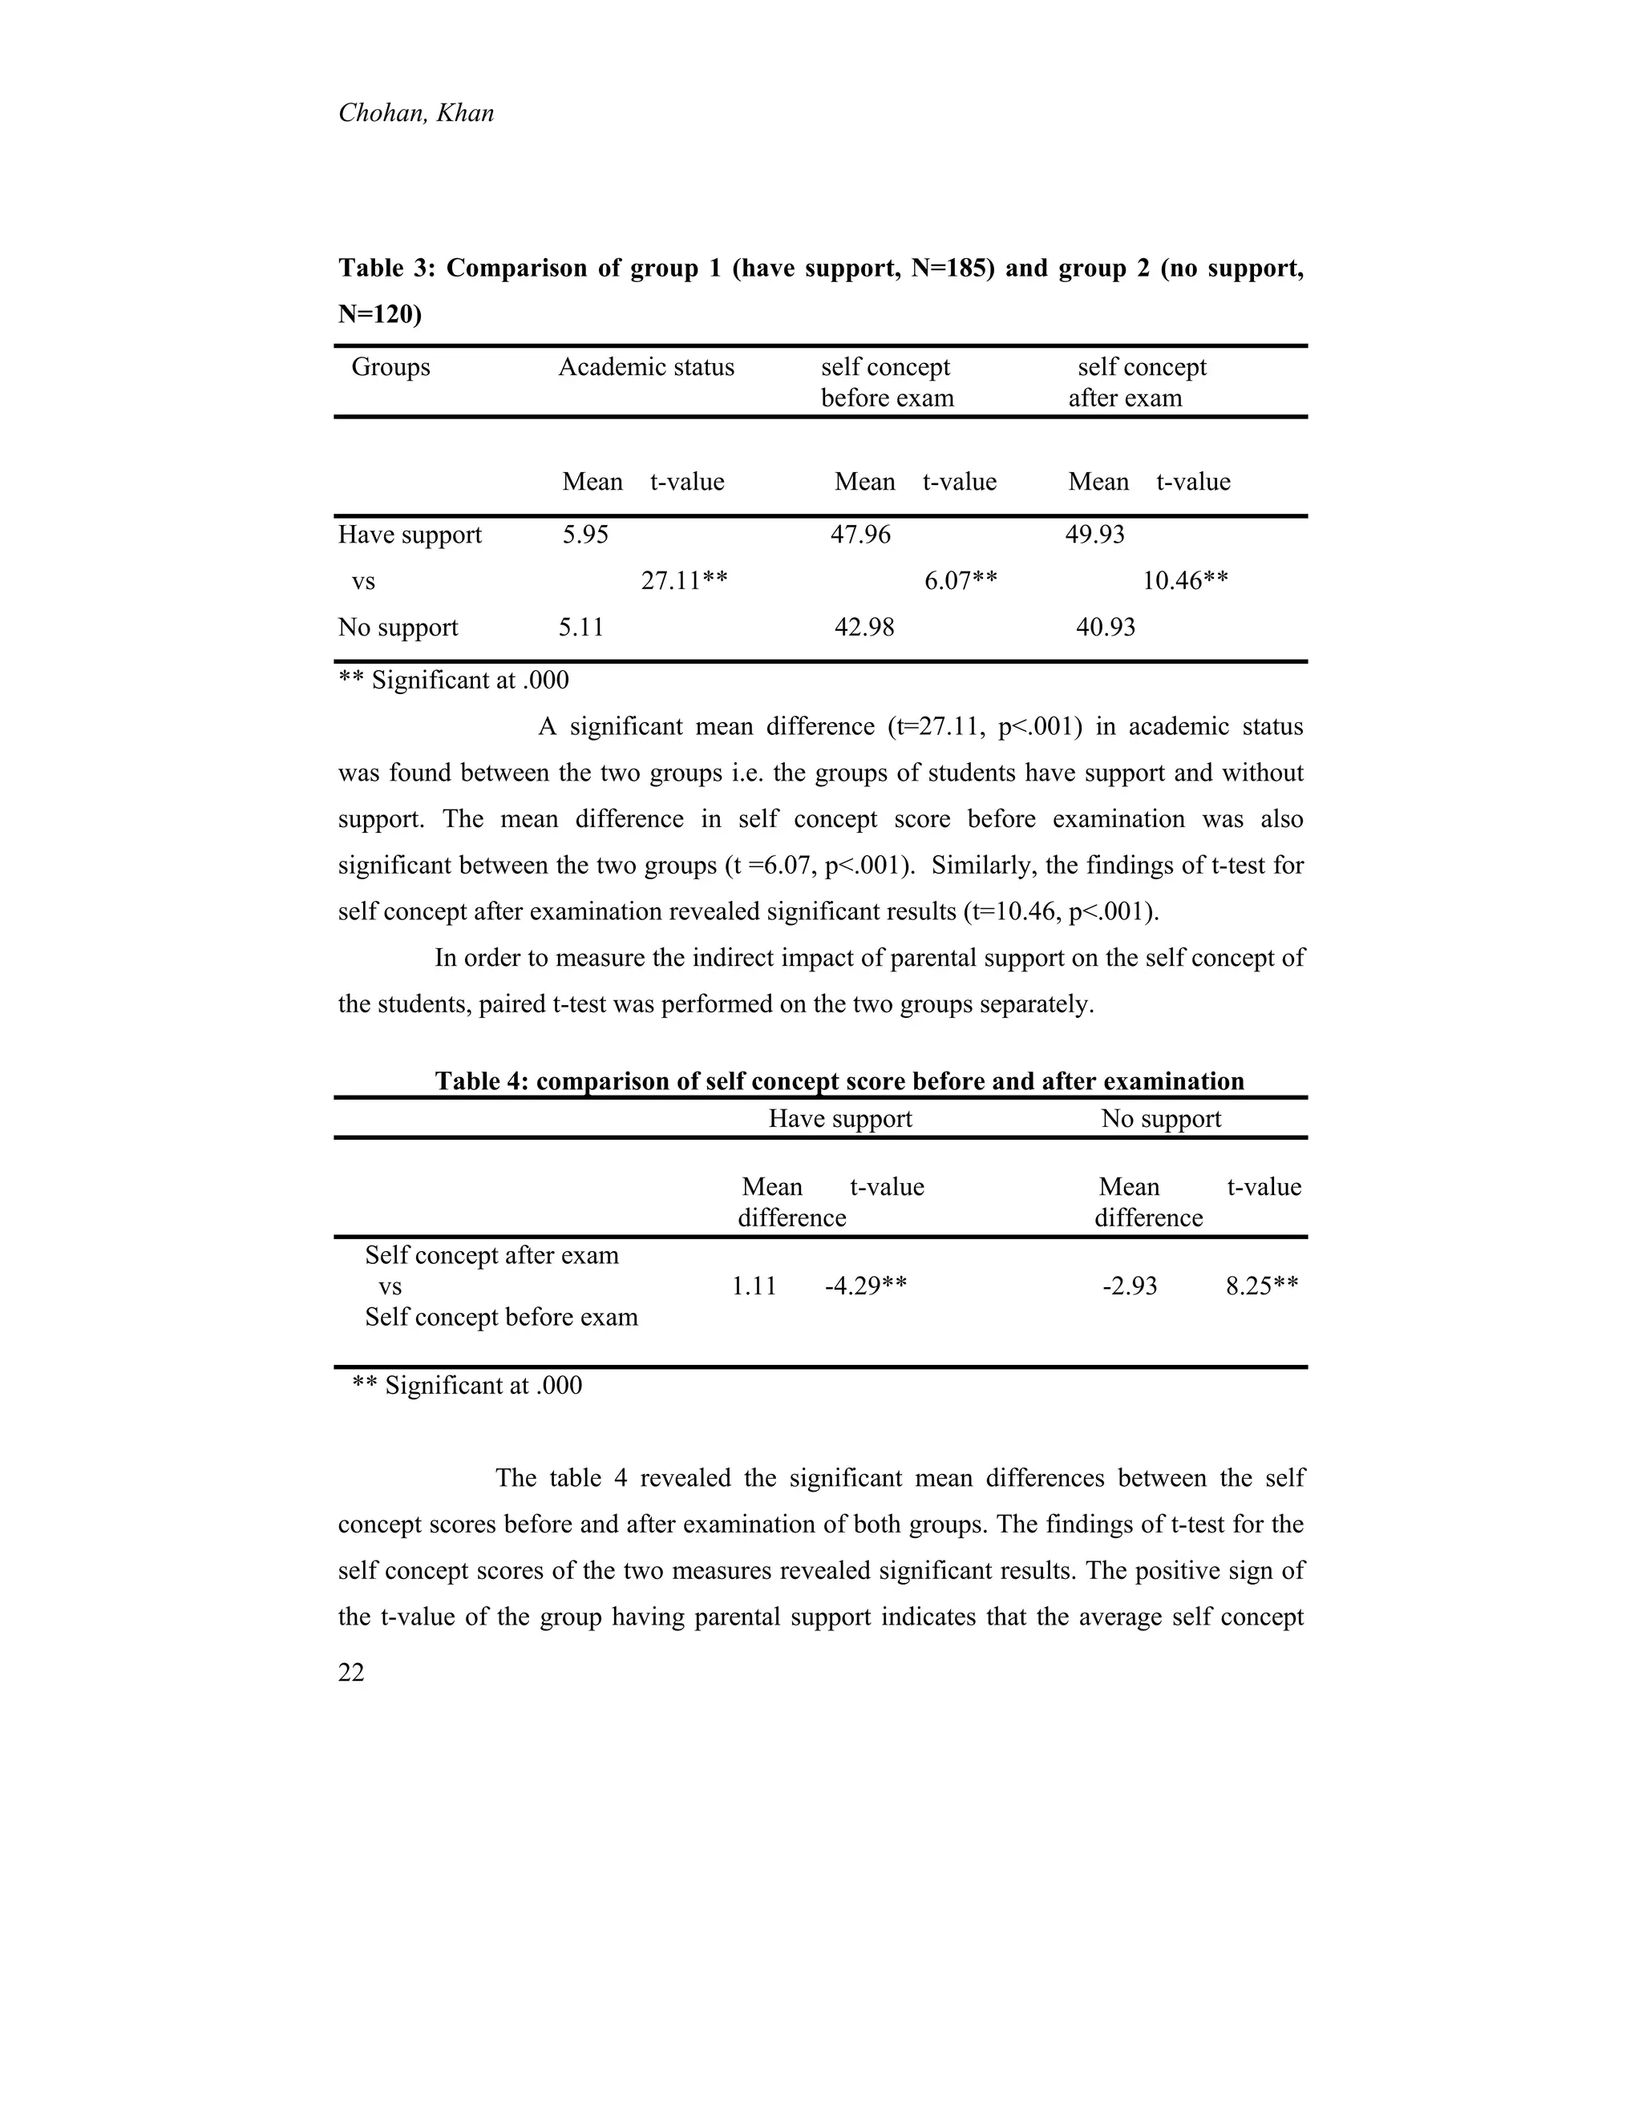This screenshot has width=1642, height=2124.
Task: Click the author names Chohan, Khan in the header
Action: point(415,114)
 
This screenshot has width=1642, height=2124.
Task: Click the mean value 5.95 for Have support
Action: point(584,535)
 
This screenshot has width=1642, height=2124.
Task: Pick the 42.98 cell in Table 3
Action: point(863,628)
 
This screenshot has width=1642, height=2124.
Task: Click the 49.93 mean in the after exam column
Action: point(1094,535)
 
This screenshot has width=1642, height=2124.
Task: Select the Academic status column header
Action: point(646,368)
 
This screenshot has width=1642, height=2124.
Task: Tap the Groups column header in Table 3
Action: point(390,368)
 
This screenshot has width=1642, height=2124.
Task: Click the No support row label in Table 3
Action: point(398,628)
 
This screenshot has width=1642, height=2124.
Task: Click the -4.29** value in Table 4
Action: point(866,1286)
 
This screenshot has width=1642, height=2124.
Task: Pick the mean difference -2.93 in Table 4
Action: point(1130,1286)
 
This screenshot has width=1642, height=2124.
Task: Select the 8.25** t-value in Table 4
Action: point(1262,1286)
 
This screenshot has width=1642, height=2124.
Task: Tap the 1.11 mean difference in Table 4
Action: point(754,1286)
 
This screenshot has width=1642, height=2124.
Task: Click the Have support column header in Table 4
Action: point(839,1120)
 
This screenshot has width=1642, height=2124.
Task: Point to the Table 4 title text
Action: point(839,1081)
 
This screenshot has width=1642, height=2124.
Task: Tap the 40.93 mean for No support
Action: point(1105,628)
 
